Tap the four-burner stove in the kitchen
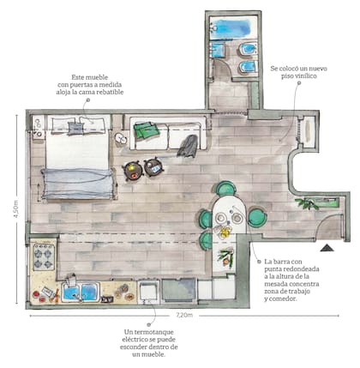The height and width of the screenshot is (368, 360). [x=44, y=256]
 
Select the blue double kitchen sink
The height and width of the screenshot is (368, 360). [x=81, y=292]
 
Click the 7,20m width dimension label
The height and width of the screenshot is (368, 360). [x=184, y=316]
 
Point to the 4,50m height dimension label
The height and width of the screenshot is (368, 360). [x=15, y=208]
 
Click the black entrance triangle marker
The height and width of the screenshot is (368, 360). [x=327, y=248]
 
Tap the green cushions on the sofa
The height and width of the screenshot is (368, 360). [x=147, y=130]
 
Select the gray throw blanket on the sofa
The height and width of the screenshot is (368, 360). [x=188, y=146]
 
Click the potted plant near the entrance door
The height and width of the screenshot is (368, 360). [x=307, y=203]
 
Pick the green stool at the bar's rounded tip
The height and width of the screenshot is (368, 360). [x=225, y=189]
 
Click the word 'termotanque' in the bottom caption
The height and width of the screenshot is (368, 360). [x=149, y=332]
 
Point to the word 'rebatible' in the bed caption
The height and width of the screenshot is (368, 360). [x=110, y=92]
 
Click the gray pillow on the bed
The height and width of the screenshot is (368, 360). [x=75, y=129]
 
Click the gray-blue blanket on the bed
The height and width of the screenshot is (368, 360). [x=78, y=184]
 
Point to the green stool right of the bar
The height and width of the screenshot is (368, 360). [x=257, y=217]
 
